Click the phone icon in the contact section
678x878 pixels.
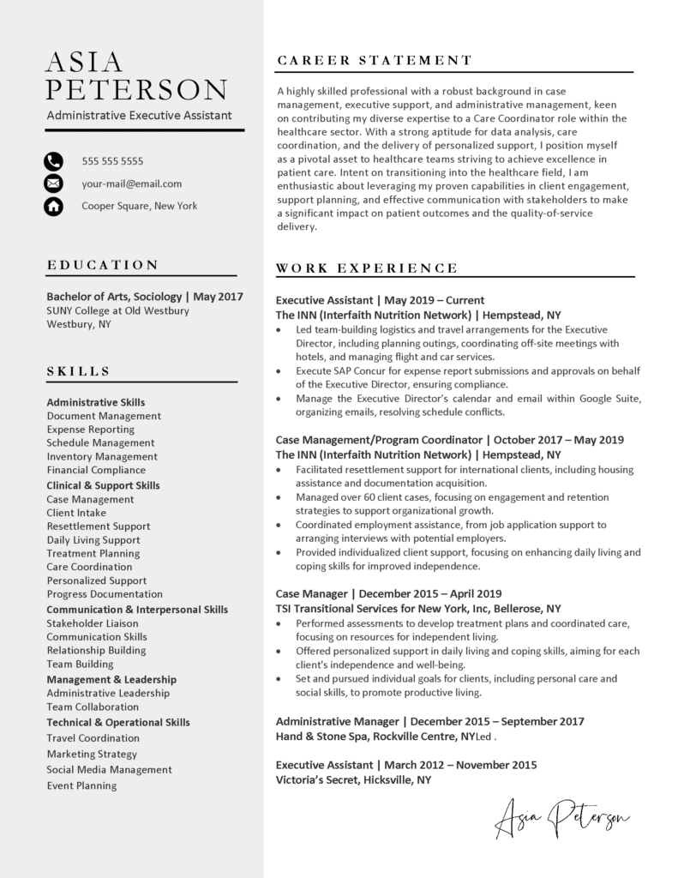(53, 160)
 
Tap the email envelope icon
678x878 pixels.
(53, 183)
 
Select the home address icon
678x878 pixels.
(53, 206)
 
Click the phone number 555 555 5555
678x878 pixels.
(112, 161)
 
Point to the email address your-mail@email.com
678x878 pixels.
(131, 183)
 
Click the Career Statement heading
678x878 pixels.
(375, 61)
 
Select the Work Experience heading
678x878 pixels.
(367, 268)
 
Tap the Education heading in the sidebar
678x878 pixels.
(102, 265)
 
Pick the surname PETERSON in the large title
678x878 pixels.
(136, 89)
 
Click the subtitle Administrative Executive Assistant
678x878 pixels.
(139, 115)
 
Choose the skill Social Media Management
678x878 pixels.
(109, 769)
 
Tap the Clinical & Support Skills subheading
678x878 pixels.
(103, 485)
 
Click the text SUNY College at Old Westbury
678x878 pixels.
(117, 310)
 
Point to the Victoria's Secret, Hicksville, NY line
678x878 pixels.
(353, 780)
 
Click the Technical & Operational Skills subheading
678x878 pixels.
(118, 723)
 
